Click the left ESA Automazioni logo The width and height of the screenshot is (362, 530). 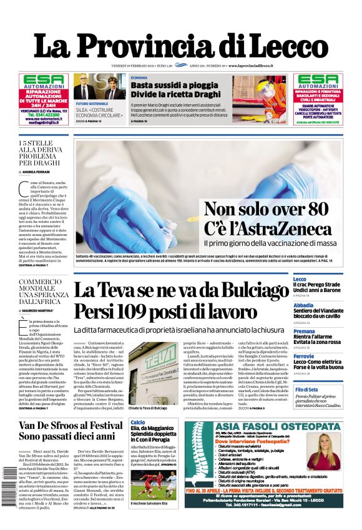[43, 79]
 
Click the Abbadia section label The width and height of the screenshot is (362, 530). [303, 305]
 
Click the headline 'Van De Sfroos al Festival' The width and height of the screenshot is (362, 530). [71, 426]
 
